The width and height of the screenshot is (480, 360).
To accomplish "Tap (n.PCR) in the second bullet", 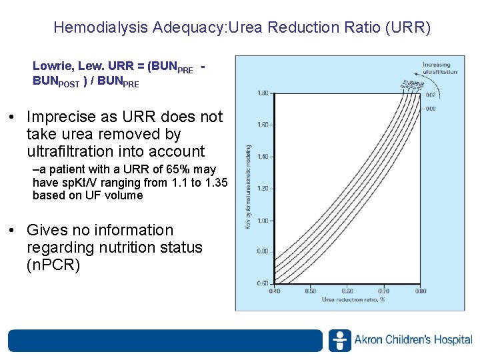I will point(53,265).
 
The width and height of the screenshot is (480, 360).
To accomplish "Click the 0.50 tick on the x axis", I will point(311,291).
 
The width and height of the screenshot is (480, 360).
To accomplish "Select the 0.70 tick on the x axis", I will point(384,291).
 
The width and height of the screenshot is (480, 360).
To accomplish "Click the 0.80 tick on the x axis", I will point(421,291).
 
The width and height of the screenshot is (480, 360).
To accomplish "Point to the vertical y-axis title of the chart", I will point(249,187).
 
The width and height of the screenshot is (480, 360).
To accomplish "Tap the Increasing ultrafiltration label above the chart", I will point(440,68).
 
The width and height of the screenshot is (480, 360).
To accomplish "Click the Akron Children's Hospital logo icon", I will point(339,340).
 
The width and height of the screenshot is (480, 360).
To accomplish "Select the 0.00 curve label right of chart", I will point(431,108).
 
